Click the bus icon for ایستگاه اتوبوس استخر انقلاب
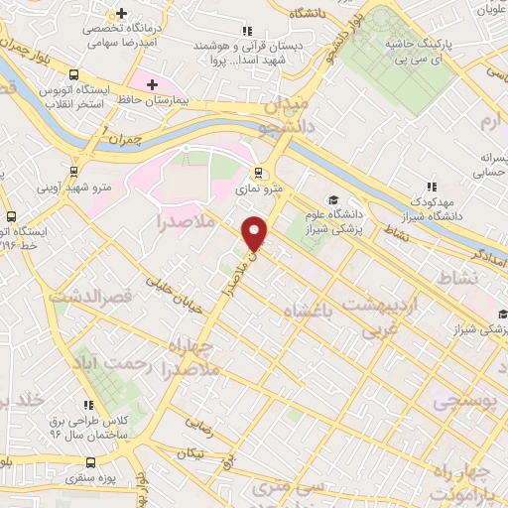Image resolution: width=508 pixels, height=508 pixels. point(74,74)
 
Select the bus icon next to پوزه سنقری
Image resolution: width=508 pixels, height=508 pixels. point(91,463)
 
